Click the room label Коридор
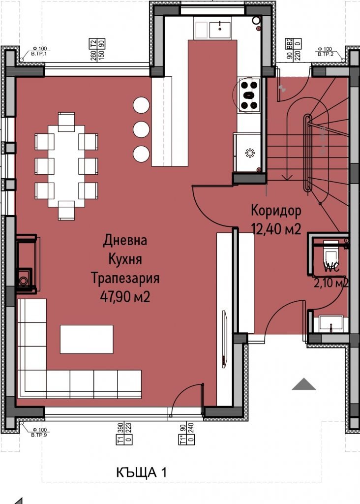pos(275,210)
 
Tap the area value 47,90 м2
pos(125,296)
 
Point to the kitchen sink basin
pos(219,30)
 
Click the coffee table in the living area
pos(87,339)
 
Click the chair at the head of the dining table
pos(66,121)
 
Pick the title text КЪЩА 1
pos(142,473)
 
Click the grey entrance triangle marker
pos(303,384)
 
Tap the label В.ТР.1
pos(38,54)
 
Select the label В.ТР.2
pos(326,54)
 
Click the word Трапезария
pos(125,278)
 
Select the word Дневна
pos(125,241)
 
